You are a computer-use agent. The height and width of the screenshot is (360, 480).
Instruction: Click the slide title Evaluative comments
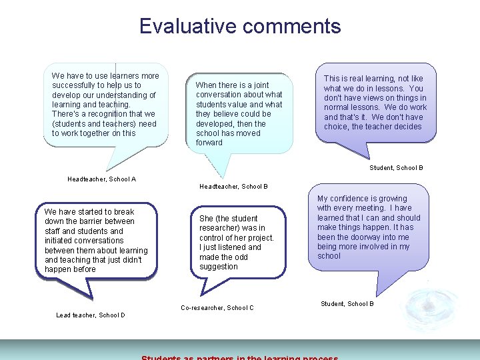[240, 26]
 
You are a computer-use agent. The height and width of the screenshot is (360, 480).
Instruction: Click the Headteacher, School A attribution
[101, 179]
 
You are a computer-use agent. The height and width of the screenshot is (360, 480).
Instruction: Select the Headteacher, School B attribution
[233, 186]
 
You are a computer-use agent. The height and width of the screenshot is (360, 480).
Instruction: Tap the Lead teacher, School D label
[90, 315]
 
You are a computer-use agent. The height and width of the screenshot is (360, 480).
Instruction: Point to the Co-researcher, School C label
[217, 307]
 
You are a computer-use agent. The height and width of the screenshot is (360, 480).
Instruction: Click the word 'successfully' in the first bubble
[74, 85]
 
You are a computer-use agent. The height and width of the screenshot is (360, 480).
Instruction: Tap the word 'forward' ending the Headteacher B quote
[209, 143]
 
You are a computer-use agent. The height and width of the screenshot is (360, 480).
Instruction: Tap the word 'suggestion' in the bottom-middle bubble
[218, 267]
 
